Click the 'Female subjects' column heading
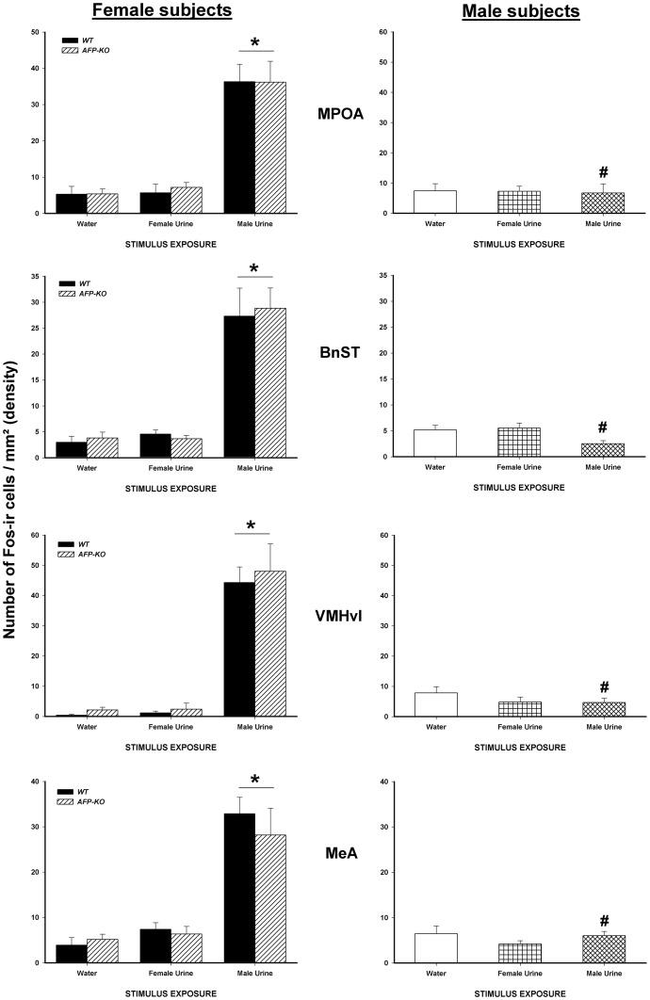click(x=174, y=11)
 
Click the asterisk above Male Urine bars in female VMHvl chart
click(x=252, y=525)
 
